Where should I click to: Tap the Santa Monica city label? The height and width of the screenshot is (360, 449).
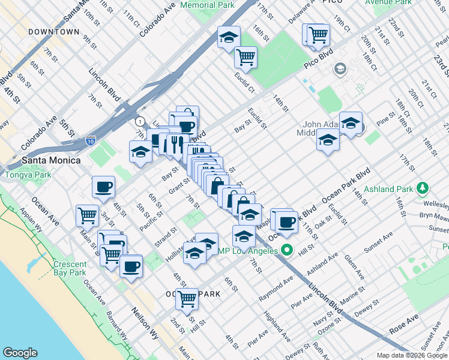click(x=50, y=160)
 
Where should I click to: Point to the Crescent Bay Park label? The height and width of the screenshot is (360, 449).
click(x=70, y=268)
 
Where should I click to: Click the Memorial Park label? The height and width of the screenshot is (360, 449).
click(x=206, y=5)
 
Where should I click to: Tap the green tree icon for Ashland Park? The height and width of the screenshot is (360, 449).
click(x=423, y=189)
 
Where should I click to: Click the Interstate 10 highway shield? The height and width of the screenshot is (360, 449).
click(x=90, y=140)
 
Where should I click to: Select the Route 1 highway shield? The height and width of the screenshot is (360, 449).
click(x=140, y=120)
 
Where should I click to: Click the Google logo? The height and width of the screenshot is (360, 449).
click(x=20, y=353)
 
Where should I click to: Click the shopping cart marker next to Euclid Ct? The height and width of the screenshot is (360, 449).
click(x=246, y=58)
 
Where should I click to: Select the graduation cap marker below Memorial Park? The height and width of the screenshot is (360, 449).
click(x=228, y=37)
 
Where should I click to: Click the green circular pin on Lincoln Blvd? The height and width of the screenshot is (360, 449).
click(x=287, y=250)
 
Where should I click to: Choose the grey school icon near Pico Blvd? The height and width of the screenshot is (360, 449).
click(x=340, y=69)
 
